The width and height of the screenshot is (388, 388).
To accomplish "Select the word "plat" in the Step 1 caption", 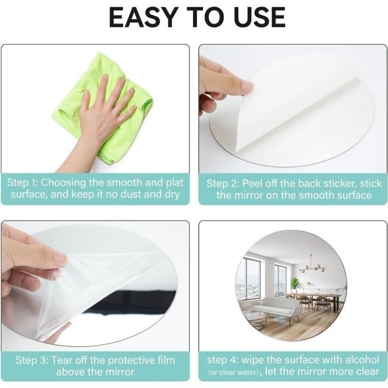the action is pos(175,183).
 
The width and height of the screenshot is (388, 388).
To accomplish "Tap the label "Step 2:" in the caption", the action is pos(223,184).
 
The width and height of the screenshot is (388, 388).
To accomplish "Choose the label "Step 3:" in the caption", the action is pos(32,360).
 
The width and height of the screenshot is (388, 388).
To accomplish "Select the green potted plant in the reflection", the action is pos(294,284).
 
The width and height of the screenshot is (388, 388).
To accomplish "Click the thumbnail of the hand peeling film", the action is pos(61,259).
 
